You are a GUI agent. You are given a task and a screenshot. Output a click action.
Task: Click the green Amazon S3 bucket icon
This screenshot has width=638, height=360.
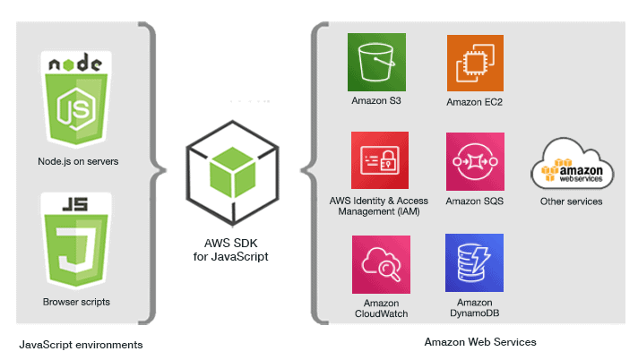tap(376, 62)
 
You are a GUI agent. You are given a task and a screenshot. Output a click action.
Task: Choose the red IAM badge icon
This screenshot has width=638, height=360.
tap(381, 162)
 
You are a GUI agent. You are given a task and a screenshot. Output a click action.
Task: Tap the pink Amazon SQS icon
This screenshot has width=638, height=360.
tap(475, 162)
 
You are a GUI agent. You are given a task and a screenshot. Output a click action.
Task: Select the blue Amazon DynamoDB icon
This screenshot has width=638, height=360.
tap(474, 263)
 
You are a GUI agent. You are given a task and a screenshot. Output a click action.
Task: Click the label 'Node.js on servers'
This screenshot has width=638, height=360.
tap(79, 162)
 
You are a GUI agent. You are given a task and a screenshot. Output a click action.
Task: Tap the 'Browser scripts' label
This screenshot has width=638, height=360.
tap(76, 302)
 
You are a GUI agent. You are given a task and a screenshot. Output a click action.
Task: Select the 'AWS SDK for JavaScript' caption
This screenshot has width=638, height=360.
tap(230, 249)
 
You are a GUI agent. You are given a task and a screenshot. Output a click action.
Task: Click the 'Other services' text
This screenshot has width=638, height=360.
tap(571, 201)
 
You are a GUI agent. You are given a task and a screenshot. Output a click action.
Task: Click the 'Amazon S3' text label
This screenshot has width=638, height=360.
tap(376, 101)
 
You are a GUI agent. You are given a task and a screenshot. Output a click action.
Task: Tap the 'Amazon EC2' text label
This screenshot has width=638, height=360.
tap(475, 102)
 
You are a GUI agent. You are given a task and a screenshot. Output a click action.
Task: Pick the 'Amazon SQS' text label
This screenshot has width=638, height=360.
tap(475, 201)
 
